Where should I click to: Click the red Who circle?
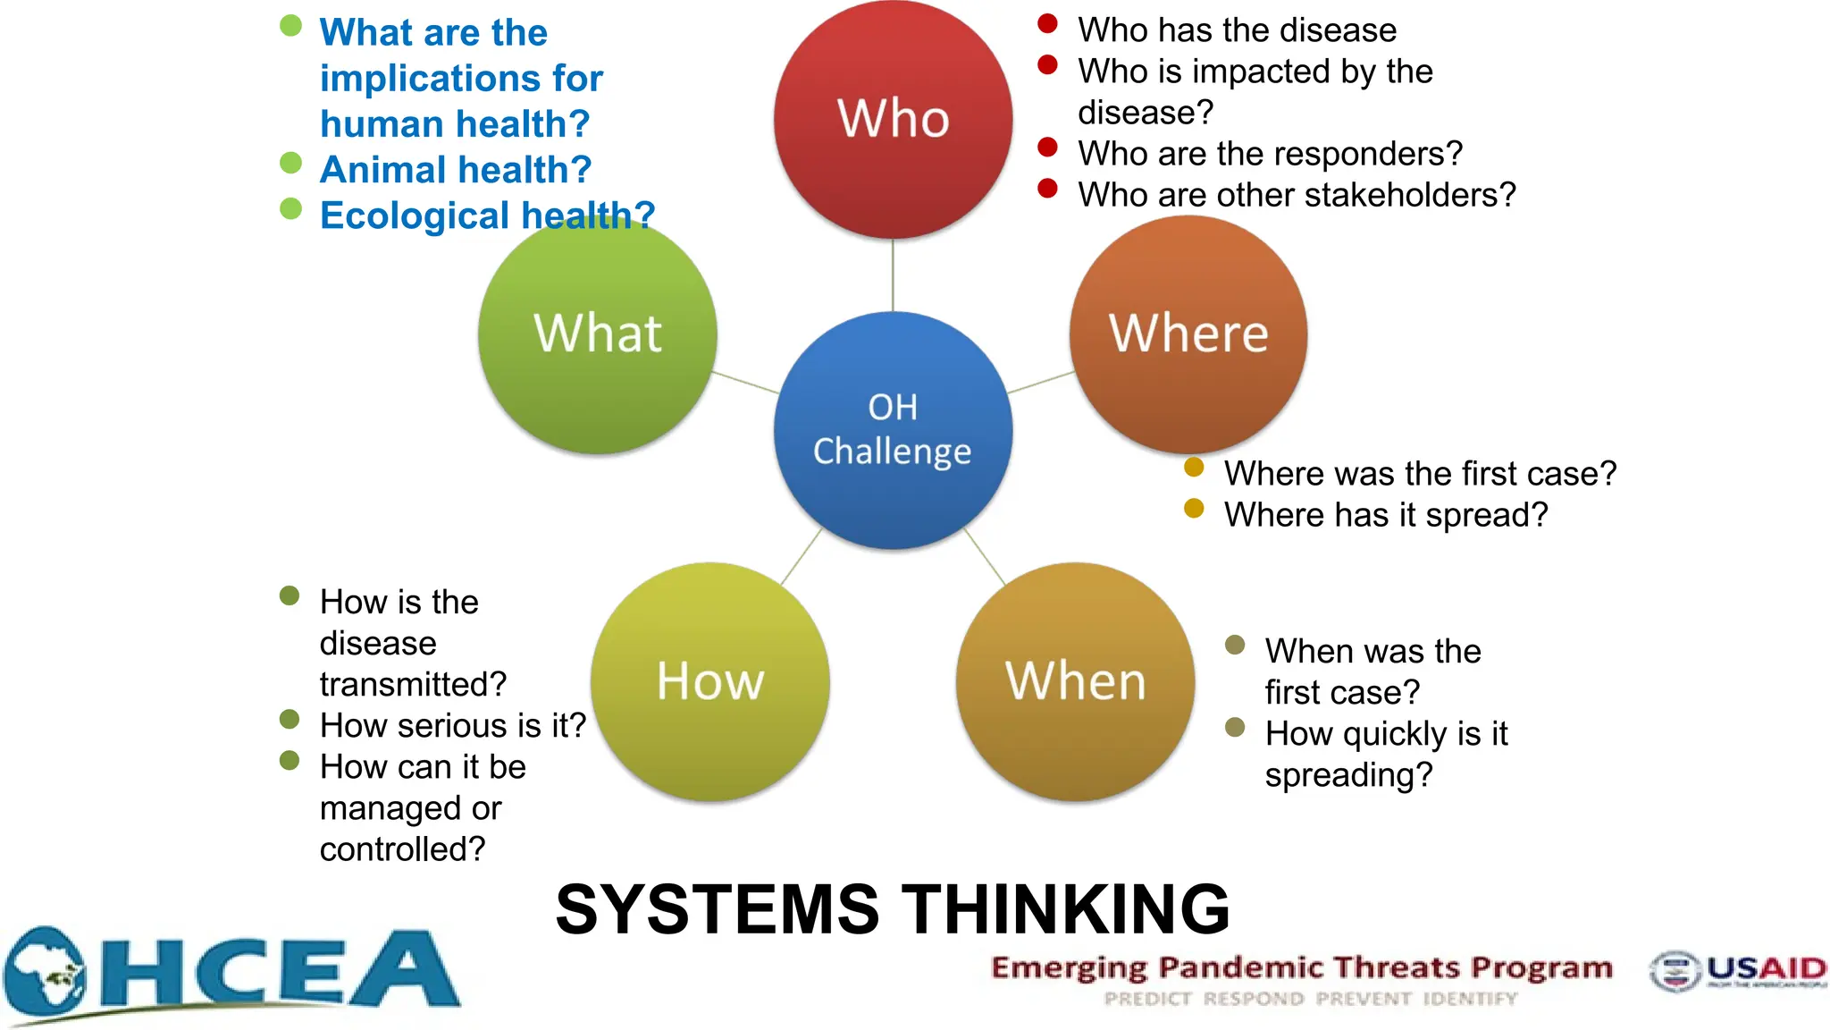tap(893, 119)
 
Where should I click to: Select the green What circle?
tap(597, 334)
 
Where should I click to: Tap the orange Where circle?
tap(1188, 334)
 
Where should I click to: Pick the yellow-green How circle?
tap(710, 681)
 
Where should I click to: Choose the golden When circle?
tap(1075, 681)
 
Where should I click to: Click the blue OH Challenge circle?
tap(893, 430)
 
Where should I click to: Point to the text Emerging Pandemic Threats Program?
tap(1301, 967)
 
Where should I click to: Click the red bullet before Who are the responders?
tap(1047, 148)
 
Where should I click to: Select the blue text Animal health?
tap(456, 170)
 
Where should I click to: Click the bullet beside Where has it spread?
tap(1194, 509)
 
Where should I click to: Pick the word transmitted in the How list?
tap(413, 685)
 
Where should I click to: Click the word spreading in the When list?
tap(1347, 775)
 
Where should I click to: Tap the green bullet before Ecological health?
tap(290, 209)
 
